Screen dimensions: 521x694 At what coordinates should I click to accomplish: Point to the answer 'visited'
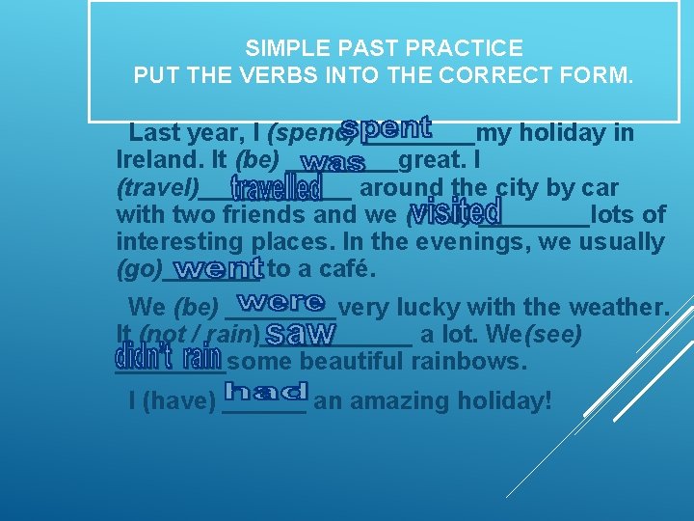pyautogui.click(x=455, y=211)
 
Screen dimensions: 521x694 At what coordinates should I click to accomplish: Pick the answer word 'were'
pyautogui.click(x=280, y=303)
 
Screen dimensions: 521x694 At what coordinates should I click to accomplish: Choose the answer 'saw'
pyautogui.click(x=300, y=335)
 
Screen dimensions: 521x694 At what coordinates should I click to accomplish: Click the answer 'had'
pyautogui.click(x=265, y=392)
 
